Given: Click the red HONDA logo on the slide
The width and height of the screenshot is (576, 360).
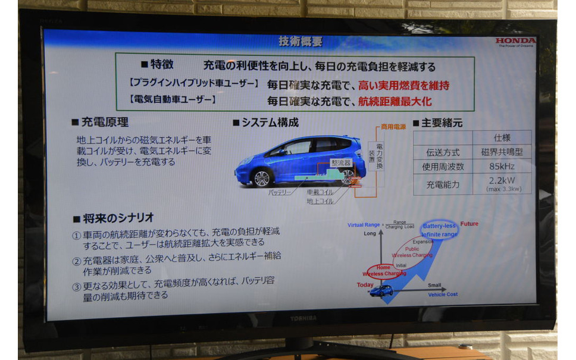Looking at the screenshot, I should pos(515,41).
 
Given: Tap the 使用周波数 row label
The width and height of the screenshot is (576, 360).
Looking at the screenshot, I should pos(442,167).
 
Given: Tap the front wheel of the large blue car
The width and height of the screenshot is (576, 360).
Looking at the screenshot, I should pos(261,177).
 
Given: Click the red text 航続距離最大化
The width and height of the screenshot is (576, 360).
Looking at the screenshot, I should pos(395,102).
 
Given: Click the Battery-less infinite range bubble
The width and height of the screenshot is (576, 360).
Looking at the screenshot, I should pos(439,230).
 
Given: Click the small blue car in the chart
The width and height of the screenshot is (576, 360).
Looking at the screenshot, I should pos(381,290).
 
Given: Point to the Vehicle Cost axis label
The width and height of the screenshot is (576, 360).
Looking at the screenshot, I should pos(443,294).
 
